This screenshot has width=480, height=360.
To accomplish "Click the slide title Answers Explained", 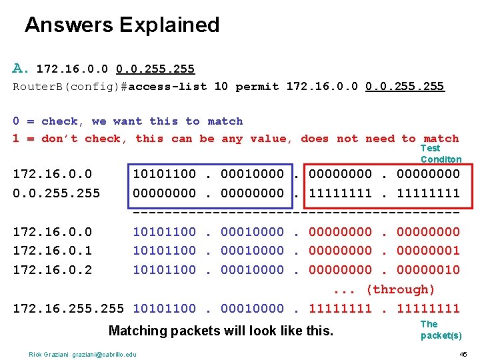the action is point(122,25).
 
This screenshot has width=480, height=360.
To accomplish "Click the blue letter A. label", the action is point(21,68).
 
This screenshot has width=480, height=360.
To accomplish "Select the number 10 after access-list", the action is point(221,87).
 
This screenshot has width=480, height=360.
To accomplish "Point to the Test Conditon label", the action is point(441,154).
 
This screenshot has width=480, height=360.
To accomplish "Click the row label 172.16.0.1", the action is point(53,251).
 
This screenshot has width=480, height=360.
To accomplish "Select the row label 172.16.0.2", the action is point(53,270).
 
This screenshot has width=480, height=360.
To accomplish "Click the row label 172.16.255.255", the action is point(69,309).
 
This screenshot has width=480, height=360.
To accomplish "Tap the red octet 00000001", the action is point(428,251).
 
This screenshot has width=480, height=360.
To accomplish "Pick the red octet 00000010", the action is point(428,270).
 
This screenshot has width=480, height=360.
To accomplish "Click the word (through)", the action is point(400,289).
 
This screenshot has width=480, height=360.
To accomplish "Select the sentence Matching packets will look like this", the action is point(221,331).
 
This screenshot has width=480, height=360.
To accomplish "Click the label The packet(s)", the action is point(441,330).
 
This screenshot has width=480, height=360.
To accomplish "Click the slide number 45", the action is point(463,354).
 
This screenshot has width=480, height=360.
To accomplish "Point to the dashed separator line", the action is point(297,213).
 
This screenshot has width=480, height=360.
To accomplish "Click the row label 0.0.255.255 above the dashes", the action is point(57,193).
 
